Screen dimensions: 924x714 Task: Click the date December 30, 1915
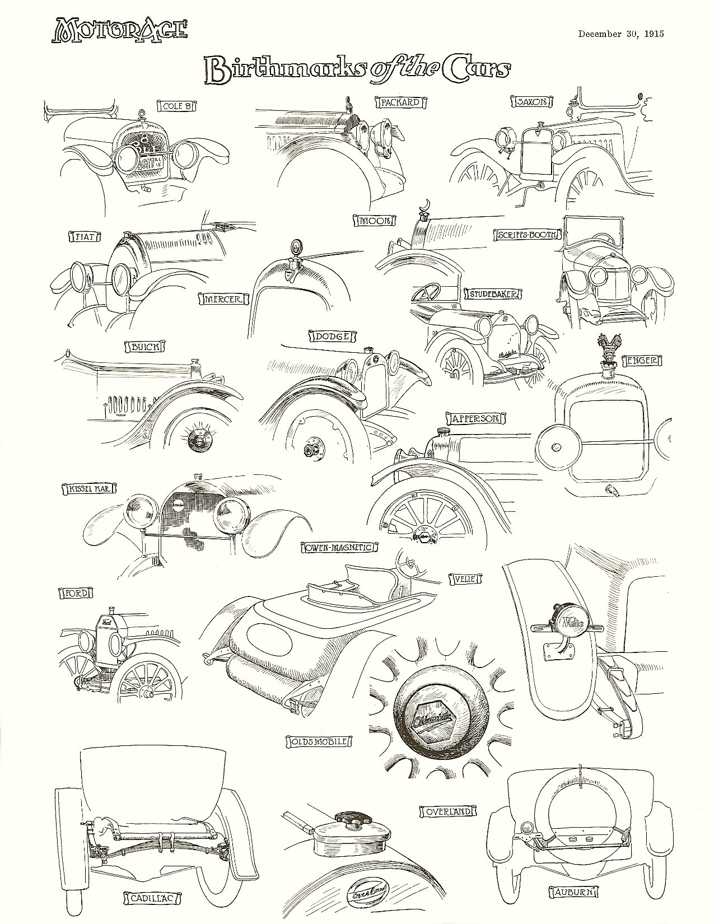point(620,34)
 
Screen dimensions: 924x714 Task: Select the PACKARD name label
point(400,102)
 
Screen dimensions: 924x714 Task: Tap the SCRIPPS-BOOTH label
point(528,235)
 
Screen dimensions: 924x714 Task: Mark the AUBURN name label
point(572,891)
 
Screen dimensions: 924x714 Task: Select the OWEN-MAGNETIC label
point(338,547)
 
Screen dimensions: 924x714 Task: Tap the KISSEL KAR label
point(88,488)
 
